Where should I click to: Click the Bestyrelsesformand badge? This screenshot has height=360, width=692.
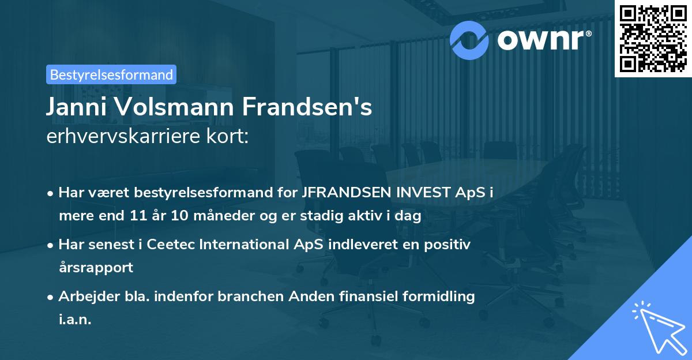111,74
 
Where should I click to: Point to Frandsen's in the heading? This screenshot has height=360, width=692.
306,108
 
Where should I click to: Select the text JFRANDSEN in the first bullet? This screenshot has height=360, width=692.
341,193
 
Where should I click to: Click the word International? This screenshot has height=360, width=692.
246,245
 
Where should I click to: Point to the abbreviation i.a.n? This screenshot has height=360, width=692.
75,320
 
